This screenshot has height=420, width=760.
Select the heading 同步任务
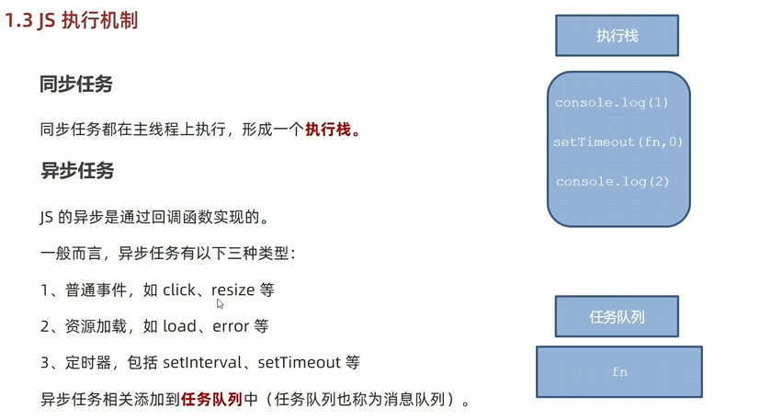click(x=76, y=85)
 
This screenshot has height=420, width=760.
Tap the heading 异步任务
click(x=76, y=171)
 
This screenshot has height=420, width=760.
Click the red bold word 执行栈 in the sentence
click(x=328, y=130)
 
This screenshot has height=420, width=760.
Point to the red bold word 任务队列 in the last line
click(x=211, y=399)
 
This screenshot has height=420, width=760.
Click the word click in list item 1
click(x=179, y=289)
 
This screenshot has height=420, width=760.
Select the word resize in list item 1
click(x=233, y=289)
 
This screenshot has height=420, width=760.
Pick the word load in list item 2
click(x=179, y=326)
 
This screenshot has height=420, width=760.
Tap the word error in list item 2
click(x=232, y=326)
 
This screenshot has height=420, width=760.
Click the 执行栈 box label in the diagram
click(x=617, y=36)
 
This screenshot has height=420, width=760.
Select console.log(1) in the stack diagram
click(x=612, y=103)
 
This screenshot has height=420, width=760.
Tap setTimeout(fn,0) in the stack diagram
click(x=618, y=142)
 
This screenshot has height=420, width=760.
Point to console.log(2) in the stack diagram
click(x=613, y=182)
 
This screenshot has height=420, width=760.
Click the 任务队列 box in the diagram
click(x=617, y=317)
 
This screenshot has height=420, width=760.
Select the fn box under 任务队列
click(x=619, y=371)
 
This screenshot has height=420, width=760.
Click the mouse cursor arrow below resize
click(x=220, y=303)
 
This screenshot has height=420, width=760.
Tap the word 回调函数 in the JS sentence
click(x=189, y=218)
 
